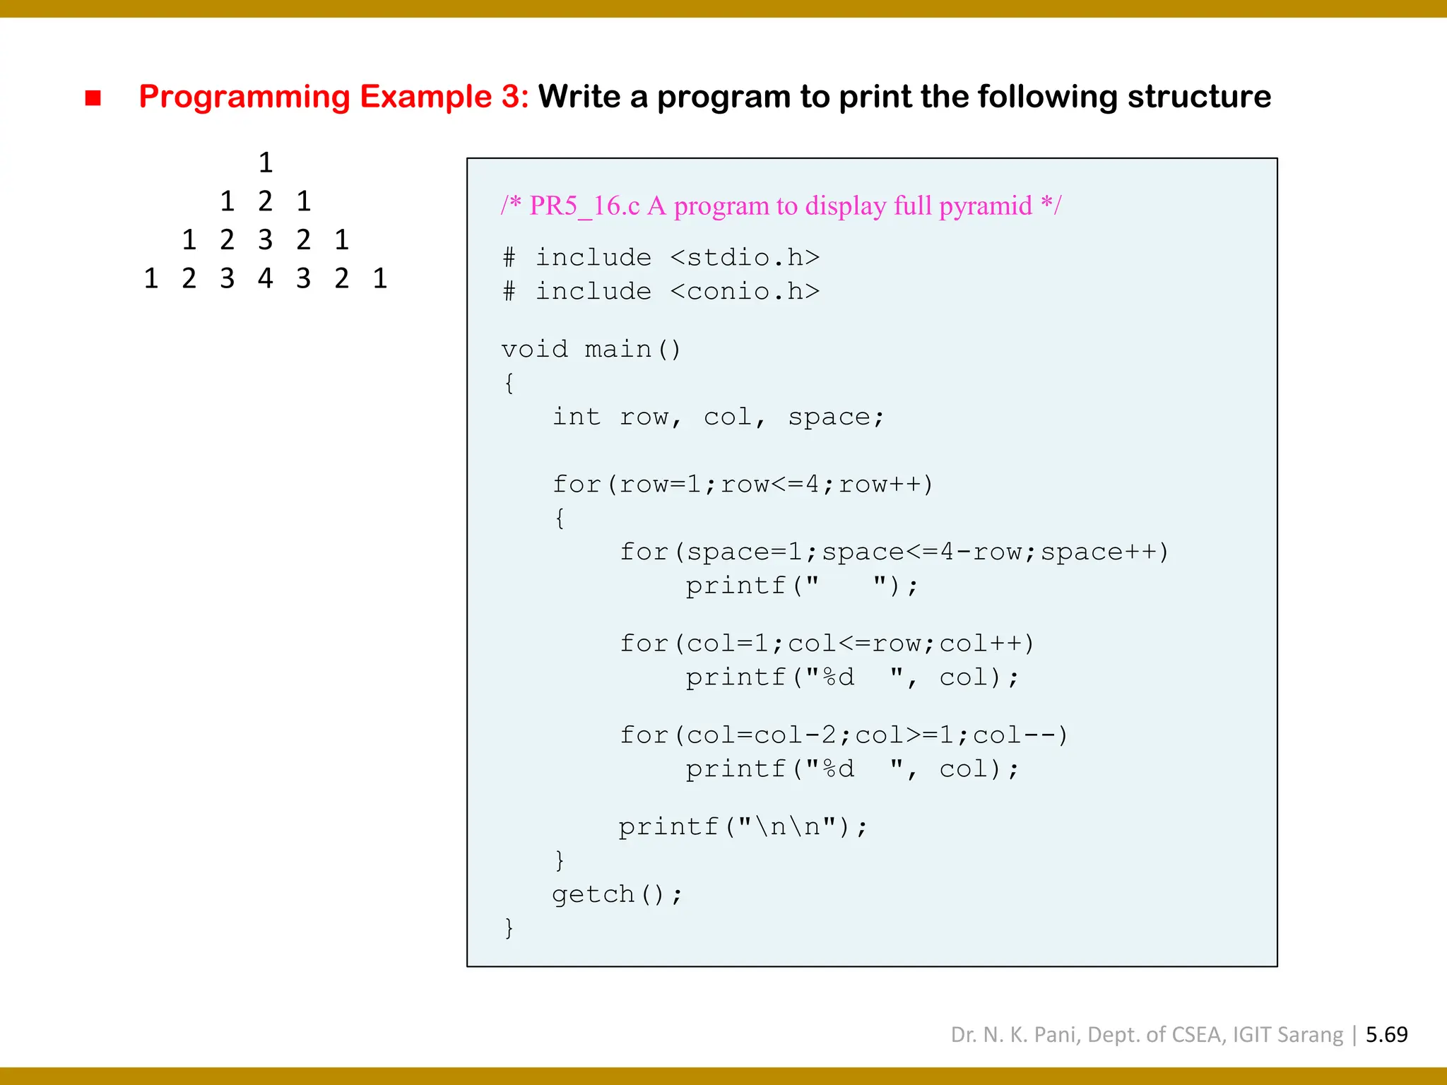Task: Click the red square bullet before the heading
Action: pyautogui.click(x=93, y=97)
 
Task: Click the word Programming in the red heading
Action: pyautogui.click(x=244, y=97)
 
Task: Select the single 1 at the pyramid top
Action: pyautogui.click(x=266, y=163)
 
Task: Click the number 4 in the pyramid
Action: pyautogui.click(x=265, y=278)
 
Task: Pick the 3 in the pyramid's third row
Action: pyautogui.click(x=265, y=240)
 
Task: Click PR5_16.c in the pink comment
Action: pyautogui.click(x=584, y=206)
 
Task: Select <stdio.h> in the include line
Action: pyautogui.click(x=745, y=257)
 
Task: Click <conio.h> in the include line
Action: pyautogui.click(x=745, y=291)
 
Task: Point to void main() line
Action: pyautogui.click(x=591, y=349)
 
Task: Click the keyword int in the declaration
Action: pyautogui.click(x=576, y=417)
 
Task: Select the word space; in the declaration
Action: pyautogui.click(x=835, y=417)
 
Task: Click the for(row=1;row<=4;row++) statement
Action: pyautogui.click(x=742, y=485)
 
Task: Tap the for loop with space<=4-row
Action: pyautogui.click(x=894, y=552)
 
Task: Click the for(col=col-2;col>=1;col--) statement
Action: pyautogui.click(x=844, y=735)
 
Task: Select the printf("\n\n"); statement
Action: pyautogui.click(x=742, y=826)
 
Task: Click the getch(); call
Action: pyautogui.click(x=616, y=894)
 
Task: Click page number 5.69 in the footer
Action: pyautogui.click(x=1386, y=1035)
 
